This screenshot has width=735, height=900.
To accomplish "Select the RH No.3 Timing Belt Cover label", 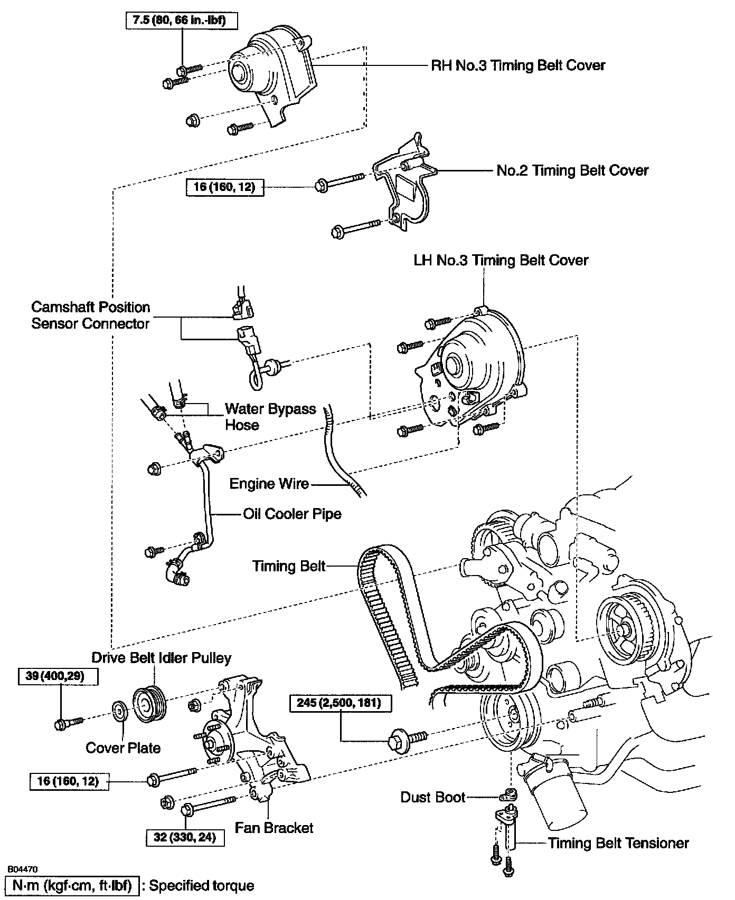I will [518, 65].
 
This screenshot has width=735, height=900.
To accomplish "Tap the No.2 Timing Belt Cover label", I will [572, 170].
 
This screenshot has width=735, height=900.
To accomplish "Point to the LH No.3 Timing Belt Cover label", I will [501, 260].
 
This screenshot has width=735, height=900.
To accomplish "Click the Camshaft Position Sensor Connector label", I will [91, 315].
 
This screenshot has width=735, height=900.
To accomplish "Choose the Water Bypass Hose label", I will [270, 417].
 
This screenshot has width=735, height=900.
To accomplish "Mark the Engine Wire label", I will [269, 484].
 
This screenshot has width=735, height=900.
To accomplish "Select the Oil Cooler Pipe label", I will [292, 514].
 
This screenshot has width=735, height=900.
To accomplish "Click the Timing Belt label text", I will [289, 566].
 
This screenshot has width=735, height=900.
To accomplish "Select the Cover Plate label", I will [123, 748].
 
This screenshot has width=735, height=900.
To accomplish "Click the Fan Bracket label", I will [274, 828].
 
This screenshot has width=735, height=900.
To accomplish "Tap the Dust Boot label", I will [433, 797].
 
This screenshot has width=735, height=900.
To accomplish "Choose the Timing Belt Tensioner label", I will [618, 843].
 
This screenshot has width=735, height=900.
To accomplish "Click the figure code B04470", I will [23, 868].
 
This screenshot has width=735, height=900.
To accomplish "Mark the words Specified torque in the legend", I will [202, 886].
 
